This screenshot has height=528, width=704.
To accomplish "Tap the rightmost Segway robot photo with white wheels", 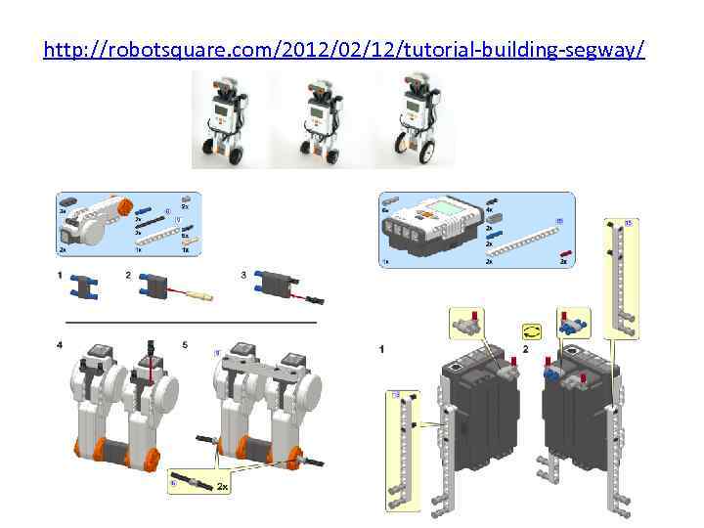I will [x=416, y=118].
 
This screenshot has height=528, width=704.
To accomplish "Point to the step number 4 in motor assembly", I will [x=60, y=344].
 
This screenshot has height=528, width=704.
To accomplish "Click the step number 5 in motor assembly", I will [x=185, y=344].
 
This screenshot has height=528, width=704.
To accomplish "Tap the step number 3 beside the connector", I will [x=243, y=276].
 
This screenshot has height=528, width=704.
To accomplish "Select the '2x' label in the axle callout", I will [x=223, y=486].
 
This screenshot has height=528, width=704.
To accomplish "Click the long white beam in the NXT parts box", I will [x=526, y=240].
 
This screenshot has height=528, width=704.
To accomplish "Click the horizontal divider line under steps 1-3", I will [x=191, y=322].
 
